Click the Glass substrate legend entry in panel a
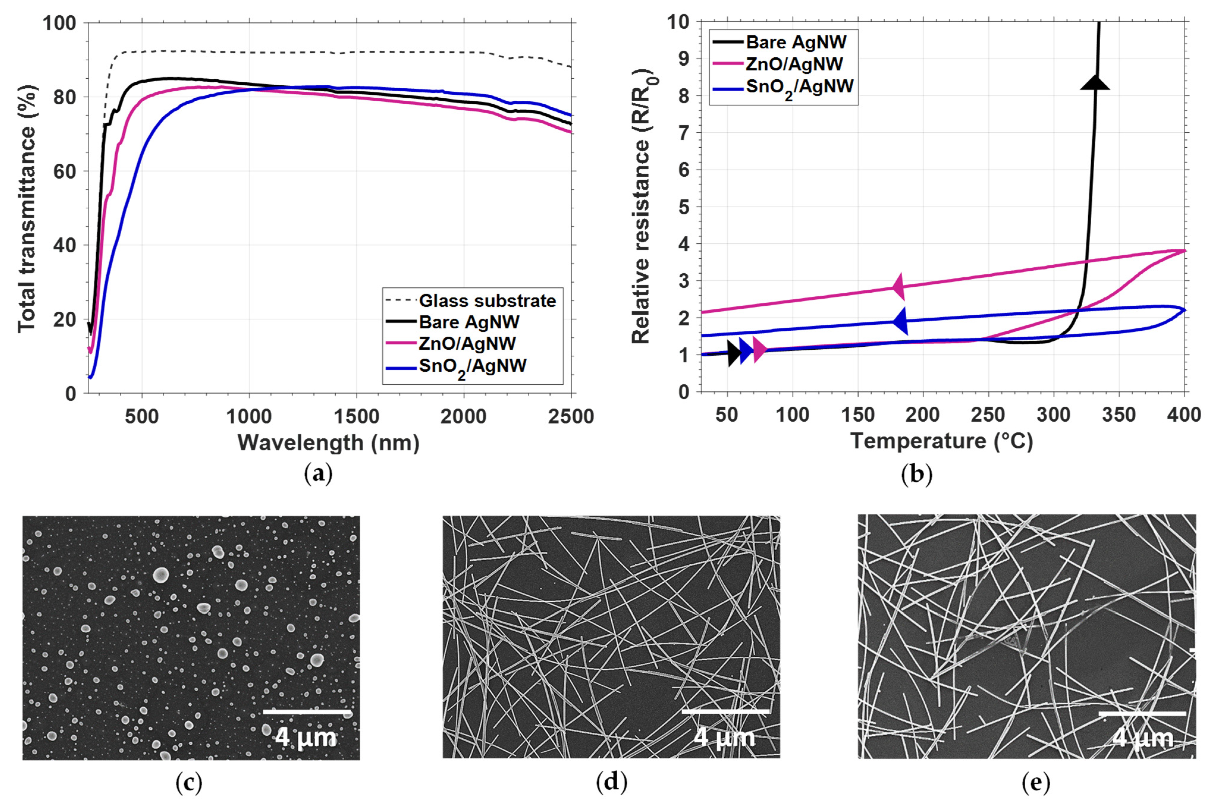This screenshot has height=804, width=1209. [x=486, y=300]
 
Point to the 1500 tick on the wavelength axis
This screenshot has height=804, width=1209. [x=356, y=416]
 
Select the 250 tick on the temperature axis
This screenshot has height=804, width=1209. [x=988, y=414]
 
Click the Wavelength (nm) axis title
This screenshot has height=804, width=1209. [x=329, y=442]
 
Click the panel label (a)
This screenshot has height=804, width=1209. [x=318, y=474]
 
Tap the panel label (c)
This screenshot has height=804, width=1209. [x=189, y=783]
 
